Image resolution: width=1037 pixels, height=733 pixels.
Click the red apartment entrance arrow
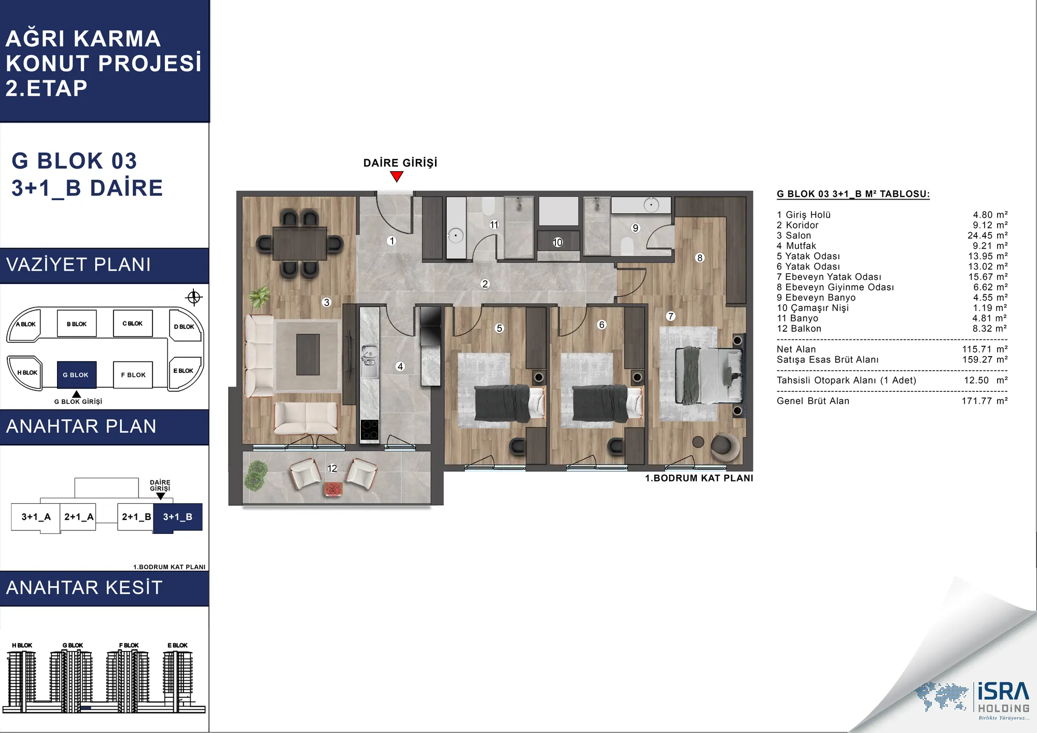coord(397,177)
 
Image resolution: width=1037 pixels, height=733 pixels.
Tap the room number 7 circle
coord(671,316)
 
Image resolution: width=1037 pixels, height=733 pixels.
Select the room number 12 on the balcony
coord(332,468)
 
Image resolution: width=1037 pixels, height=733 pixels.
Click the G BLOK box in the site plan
coord(76,374)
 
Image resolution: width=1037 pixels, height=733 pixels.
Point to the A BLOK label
coord(26,325)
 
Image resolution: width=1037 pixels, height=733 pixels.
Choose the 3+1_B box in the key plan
coord(178,517)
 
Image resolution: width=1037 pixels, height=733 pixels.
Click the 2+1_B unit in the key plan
coord(136,517)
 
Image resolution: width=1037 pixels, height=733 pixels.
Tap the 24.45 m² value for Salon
coord(987,235)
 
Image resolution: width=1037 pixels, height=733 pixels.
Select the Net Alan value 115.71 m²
coord(985,349)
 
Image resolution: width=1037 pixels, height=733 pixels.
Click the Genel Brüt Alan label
coord(813,401)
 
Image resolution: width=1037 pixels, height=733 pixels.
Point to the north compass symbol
coord(194,297)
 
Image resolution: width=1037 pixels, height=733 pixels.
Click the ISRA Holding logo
coord(973,699)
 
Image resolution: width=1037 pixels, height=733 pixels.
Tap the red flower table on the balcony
coord(333,488)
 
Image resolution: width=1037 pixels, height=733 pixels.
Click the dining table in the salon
coord(300,243)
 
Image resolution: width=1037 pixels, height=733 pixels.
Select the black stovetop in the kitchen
coord(370,430)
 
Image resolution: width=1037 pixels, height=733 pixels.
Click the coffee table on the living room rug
coord(308,354)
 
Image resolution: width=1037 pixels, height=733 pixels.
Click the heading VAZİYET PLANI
coord(78,265)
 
